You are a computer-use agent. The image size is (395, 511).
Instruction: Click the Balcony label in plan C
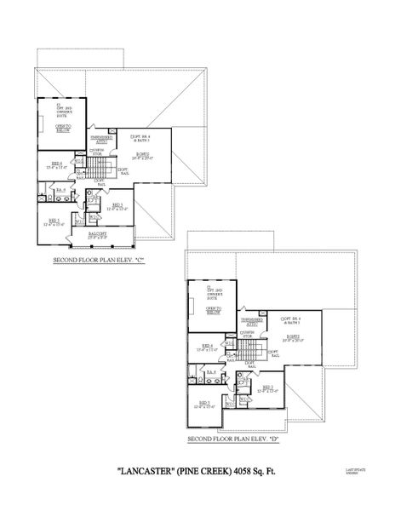[98, 233]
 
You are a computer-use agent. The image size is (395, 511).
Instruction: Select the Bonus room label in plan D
[293, 336]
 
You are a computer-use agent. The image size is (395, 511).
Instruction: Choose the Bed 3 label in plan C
[117, 205]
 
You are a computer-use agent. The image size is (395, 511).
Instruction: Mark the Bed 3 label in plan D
[267, 388]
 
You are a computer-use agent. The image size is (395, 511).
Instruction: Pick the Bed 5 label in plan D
[205, 403]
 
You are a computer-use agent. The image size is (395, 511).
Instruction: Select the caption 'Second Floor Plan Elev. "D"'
[233, 439]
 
